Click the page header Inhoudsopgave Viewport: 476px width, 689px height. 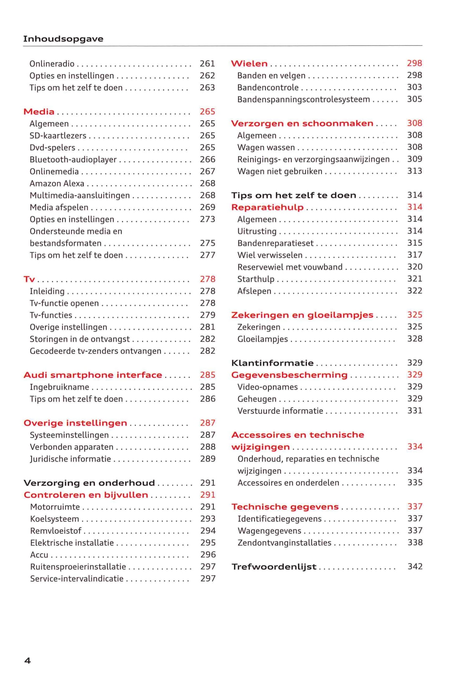click(x=63, y=39)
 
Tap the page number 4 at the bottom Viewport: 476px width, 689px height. click(x=28, y=660)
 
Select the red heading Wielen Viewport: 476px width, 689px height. click(x=249, y=64)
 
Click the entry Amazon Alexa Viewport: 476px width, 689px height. click(x=57, y=183)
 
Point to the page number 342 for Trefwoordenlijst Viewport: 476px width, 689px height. click(x=415, y=567)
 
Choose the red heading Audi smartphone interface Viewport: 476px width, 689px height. click(x=93, y=375)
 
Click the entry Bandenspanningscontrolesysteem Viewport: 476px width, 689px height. click(x=303, y=100)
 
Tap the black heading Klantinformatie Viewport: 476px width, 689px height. click(x=272, y=363)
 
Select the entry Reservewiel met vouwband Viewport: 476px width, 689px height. click(x=290, y=267)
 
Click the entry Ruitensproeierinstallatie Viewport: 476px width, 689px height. click(x=78, y=567)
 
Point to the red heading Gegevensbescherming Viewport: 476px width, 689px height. click(x=289, y=375)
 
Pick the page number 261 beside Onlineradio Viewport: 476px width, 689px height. click(x=207, y=64)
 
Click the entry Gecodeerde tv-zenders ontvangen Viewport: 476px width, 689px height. click(x=95, y=351)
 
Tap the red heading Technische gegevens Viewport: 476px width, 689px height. click(x=285, y=507)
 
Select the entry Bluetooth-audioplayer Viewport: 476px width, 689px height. click(x=73, y=160)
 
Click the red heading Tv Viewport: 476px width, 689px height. click(x=29, y=279)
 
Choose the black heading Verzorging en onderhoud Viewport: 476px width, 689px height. click(x=89, y=483)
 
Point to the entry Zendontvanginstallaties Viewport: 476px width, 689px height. click(x=284, y=543)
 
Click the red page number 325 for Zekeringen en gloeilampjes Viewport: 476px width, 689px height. click(x=415, y=315)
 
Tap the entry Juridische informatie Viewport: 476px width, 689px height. click(x=70, y=459)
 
